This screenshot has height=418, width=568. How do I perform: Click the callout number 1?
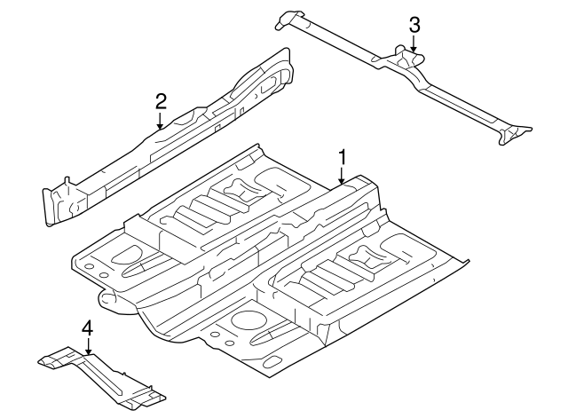coord(341,158)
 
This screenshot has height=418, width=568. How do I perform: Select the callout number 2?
coord(161,100)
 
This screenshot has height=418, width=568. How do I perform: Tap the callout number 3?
coord(414,25)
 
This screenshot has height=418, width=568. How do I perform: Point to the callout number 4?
coord(87,329)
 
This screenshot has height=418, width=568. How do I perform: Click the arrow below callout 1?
coord(341,177)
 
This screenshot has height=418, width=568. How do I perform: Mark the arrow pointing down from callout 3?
coord(414,44)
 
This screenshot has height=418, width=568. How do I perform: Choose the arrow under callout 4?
coord(87,349)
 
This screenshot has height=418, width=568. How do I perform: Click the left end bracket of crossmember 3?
coord(288,19)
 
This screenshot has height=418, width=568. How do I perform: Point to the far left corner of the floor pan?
coord(75,262)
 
